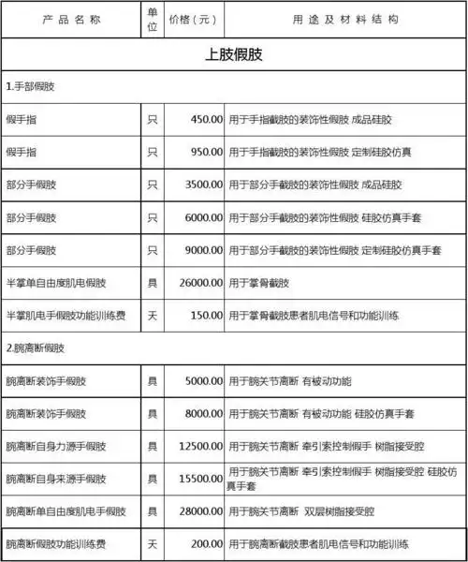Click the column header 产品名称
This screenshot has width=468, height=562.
[x=70, y=19]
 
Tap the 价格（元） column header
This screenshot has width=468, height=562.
[x=195, y=19]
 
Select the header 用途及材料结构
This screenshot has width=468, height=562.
[x=345, y=19]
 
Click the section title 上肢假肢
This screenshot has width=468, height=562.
[x=233, y=53]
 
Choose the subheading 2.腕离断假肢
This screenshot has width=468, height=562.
[x=36, y=348]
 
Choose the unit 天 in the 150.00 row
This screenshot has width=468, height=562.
[x=153, y=316]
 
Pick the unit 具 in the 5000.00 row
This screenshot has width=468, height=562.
[x=153, y=381]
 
